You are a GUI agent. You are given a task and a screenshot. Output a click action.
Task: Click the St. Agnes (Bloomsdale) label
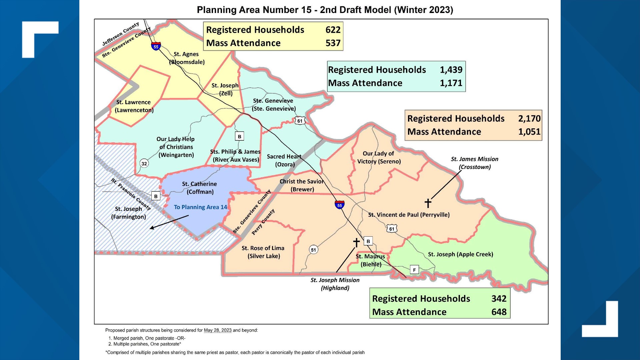(186, 58)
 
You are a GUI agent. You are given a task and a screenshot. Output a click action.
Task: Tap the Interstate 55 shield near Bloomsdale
(156, 46)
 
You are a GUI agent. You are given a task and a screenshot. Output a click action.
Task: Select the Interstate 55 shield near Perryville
(339, 205)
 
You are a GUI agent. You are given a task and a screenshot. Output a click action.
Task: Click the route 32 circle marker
(144, 163)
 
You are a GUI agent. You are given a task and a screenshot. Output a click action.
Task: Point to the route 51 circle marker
(313, 250)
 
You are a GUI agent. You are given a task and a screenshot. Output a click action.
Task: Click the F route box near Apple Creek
(414, 270)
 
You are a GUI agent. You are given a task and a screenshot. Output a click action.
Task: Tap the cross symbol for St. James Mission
(428, 203)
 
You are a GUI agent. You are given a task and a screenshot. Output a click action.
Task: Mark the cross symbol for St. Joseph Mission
(356, 242)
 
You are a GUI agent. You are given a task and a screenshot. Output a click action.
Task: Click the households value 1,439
(451, 70)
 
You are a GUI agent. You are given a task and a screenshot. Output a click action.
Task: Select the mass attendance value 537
(333, 43)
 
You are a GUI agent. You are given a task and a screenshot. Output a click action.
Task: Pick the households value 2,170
(529, 118)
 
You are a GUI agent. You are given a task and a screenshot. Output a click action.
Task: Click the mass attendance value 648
(499, 312)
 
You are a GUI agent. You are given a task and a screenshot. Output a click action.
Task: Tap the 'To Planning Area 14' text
(200, 207)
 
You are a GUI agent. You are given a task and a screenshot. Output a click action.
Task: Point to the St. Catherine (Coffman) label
(200, 188)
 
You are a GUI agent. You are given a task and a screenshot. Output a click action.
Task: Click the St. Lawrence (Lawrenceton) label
(134, 106)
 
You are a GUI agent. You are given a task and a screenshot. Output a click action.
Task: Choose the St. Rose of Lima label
(263, 252)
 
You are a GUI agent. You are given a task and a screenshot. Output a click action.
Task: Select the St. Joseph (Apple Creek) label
(460, 254)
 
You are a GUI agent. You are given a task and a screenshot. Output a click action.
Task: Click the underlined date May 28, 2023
(217, 330)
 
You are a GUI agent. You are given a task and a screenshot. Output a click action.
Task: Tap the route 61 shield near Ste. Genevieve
(300, 121)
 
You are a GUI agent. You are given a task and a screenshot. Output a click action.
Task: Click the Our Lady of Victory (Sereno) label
(379, 157)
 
